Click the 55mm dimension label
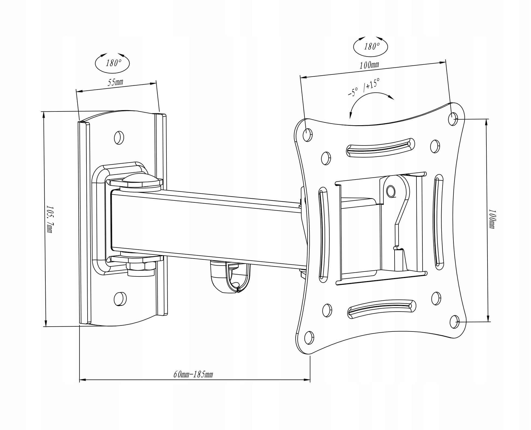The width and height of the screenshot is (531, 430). click(115, 82)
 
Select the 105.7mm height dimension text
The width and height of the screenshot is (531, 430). click(50, 219)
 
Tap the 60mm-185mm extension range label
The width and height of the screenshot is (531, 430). click(193, 374)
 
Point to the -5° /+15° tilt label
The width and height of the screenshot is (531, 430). click(363, 87)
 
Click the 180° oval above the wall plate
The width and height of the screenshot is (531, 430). click(112, 63)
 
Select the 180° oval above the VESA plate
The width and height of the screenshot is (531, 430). click(370, 46)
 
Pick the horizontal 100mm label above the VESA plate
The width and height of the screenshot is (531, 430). click(369, 65)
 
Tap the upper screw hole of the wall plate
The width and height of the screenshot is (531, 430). click(119, 137)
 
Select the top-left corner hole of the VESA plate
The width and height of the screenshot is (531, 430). click(307, 135)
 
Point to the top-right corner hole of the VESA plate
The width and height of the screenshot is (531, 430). click(453, 118)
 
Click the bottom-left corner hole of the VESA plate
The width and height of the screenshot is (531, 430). click(309, 338)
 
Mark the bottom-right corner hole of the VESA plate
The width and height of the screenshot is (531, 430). click(455, 322)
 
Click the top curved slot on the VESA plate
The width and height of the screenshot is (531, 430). click(380, 147)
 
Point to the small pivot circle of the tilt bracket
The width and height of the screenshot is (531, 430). click(391, 191)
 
